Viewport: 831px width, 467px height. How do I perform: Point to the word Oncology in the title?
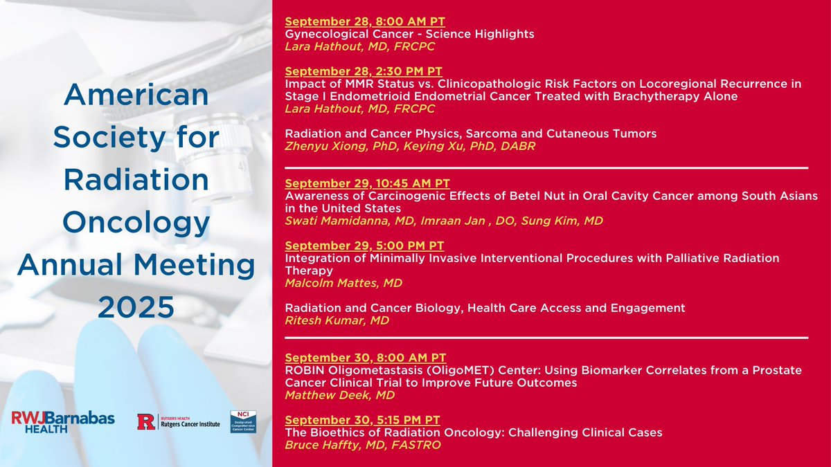click(x=136, y=223)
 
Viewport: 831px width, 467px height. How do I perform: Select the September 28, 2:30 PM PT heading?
click(x=364, y=71)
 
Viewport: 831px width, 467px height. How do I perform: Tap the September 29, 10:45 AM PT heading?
click(x=368, y=183)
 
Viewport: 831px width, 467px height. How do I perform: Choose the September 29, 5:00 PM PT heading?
click(x=364, y=246)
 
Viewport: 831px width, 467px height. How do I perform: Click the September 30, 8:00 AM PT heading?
click(x=365, y=358)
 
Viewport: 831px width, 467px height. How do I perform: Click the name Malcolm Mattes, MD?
click(x=343, y=283)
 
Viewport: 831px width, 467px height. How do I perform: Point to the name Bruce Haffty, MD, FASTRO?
click(x=362, y=445)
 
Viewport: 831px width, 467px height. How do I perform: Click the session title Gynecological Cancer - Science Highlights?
click(x=409, y=33)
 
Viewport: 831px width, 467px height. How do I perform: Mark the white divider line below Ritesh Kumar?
click(x=546, y=338)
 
